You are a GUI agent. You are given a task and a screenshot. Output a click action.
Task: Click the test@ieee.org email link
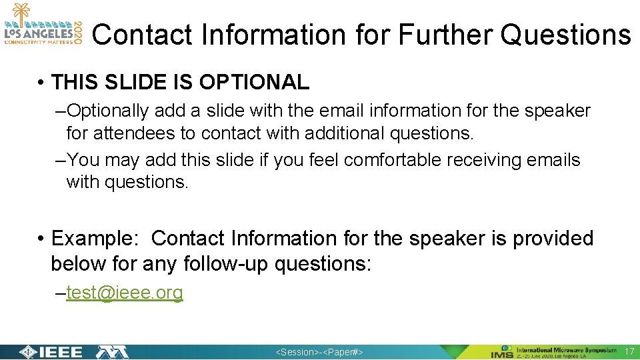(x=125, y=293)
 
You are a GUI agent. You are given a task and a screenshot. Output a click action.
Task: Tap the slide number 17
(x=629, y=351)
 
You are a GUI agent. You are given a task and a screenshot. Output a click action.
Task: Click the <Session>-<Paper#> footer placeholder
(x=319, y=352)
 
